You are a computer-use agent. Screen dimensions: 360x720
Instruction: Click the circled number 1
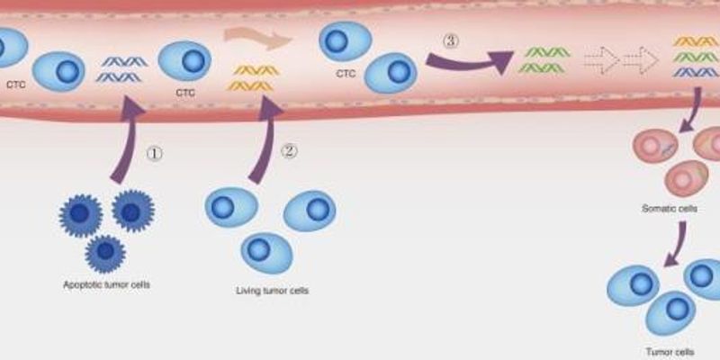155,153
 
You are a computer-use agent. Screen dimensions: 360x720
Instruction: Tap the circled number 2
288,151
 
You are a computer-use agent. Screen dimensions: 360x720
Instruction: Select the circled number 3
452,40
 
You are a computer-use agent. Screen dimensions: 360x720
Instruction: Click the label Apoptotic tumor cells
106,284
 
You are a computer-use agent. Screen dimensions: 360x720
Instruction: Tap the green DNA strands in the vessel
544,58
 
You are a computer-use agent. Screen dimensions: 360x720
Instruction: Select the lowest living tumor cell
266,252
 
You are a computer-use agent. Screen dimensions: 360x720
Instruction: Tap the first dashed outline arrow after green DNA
601,59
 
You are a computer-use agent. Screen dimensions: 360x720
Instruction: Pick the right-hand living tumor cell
310,210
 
